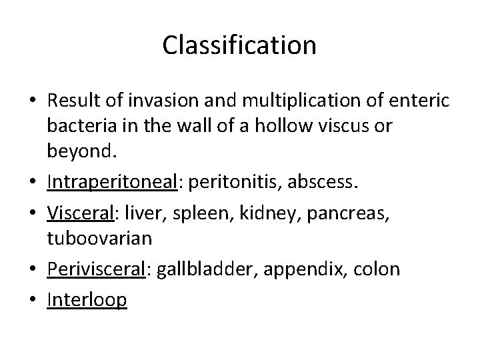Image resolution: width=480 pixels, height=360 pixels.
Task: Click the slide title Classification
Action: click(239, 45)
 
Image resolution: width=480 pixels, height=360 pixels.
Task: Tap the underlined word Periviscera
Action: click(96, 269)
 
